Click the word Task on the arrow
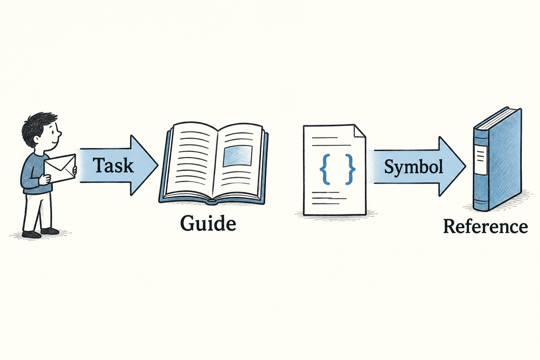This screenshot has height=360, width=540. tap(113, 165)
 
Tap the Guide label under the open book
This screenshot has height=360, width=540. tap(208, 223)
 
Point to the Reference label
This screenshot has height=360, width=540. tap(486, 226)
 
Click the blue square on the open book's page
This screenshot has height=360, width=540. tap(237, 156)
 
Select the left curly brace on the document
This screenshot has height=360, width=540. tap(324, 169)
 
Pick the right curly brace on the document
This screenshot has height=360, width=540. tap(350, 169)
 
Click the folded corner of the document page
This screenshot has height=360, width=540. tap(360, 131)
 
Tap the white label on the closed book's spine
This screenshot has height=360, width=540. tap(481, 160)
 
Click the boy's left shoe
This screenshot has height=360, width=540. tap(31, 234)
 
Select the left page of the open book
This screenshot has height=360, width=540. tap(191, 162)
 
